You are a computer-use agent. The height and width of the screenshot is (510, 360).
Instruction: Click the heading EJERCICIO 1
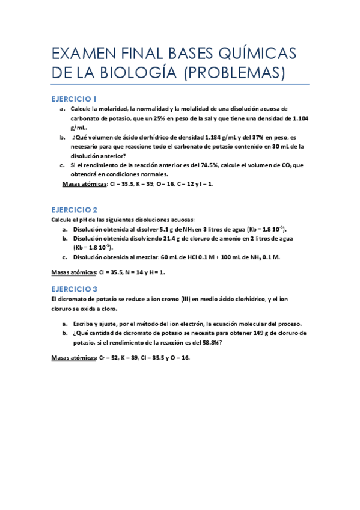pyautogui.click(x=74, y=98)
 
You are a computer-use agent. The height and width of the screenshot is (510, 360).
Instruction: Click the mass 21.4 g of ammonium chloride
pyautogui.click(x=172, y=238)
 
